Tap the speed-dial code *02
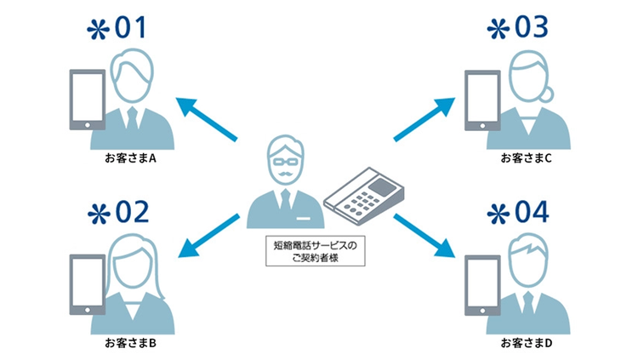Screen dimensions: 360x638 pos(118,212)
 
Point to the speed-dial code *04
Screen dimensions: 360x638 pos(516,212)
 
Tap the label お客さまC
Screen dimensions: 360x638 pos(526,158)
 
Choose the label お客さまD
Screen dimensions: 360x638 pos(526,343)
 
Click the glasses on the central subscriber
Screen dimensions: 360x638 pos(285,160)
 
